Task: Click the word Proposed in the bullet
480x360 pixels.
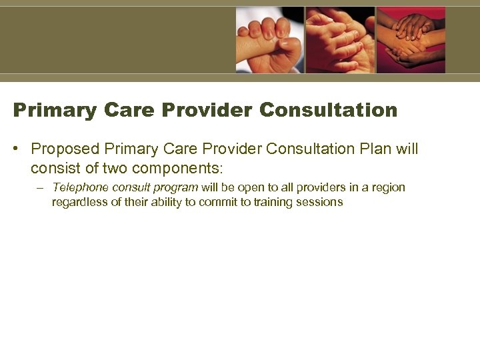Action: pyautogui.click(x=65, y=149)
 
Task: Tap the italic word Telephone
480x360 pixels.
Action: pyautogui.click(x=78, y=187)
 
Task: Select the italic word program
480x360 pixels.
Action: pyautogui.click(x=175, y=187)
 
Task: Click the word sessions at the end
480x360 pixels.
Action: pyautogui.click(x=321, y=202)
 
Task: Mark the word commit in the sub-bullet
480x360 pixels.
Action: pyautogui.click(x=219, y=202)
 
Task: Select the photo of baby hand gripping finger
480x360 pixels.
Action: pyautogui.click(x=269, y=39)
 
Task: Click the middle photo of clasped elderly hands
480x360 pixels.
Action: pyautogui.click(x=340, y=39)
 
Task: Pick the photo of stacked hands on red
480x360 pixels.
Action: pyautogui.click(x=411, y=39)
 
